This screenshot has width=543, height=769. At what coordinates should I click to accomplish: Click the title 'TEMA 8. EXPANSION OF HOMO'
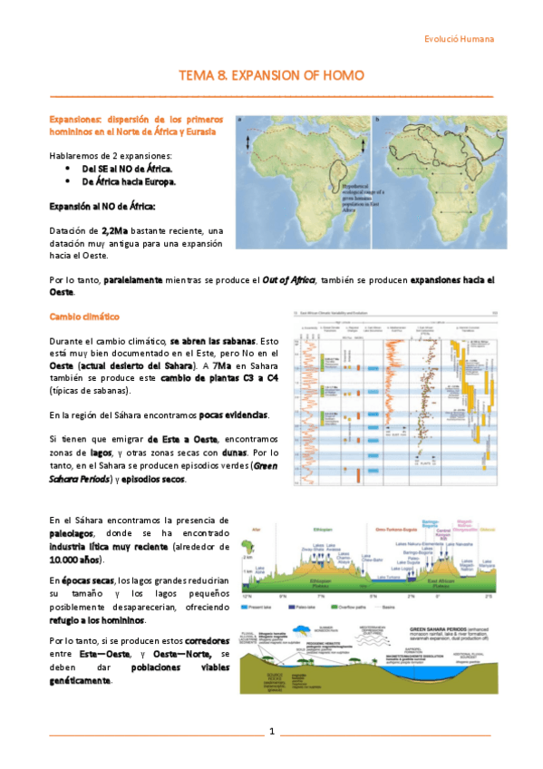coord(271,75)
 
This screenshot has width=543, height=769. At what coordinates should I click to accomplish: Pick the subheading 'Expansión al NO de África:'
coord(102,206)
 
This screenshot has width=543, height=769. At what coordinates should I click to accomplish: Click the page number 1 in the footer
coord(271,731)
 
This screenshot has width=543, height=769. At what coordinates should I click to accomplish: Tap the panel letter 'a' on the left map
coord(240,119)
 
